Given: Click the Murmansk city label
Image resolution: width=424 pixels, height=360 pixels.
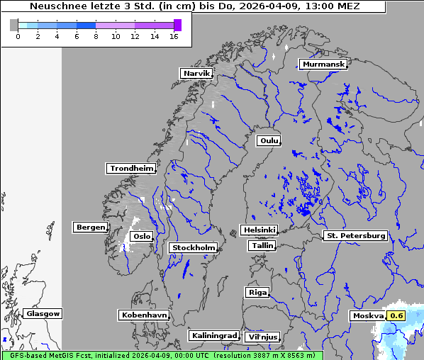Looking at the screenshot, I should tap(323, 64).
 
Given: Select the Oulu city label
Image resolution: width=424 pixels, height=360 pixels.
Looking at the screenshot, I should tap(269, 140).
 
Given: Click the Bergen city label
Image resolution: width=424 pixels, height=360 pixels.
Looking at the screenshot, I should tap(89, 227).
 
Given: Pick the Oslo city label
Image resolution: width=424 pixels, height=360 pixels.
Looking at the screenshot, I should tap(142, 237).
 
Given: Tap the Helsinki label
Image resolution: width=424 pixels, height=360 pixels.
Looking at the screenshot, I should tap(259, 230).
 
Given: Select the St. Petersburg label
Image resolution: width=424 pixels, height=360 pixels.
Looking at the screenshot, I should tap(355, 235).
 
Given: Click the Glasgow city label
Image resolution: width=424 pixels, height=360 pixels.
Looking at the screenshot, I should tap(43, 313).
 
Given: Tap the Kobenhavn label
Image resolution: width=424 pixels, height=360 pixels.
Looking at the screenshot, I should tap(144, 315).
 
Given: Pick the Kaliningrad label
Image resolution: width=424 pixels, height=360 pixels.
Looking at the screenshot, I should tap(213, 335).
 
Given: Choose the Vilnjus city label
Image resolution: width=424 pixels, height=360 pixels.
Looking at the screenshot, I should tap(262, 337).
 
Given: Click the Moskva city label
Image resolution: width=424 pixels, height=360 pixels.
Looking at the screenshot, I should tap(368, 315).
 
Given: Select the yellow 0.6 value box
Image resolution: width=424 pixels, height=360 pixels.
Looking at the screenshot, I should tap(396, 315).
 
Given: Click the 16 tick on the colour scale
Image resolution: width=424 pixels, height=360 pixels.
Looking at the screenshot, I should tap(173, 35).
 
